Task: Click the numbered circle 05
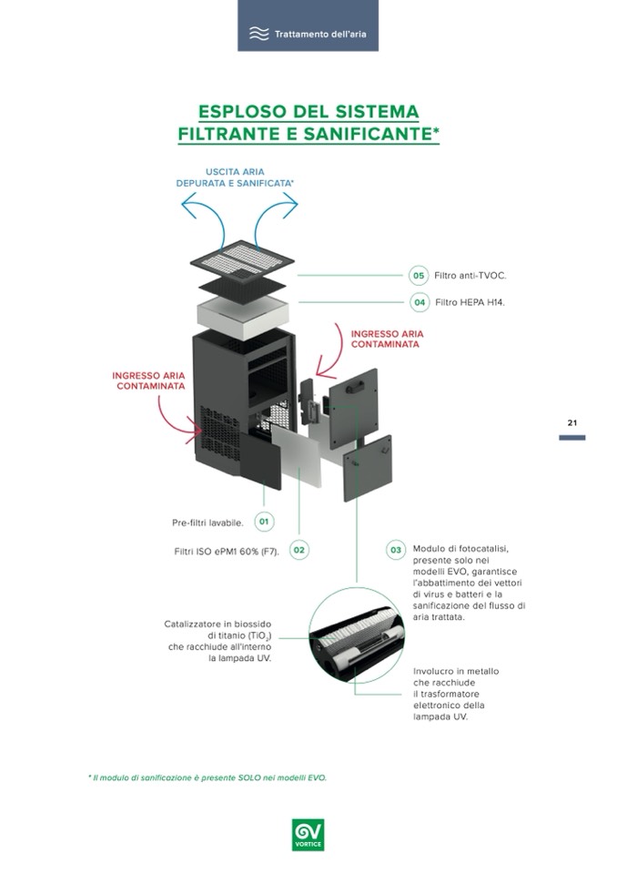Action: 419,275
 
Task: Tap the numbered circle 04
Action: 419,302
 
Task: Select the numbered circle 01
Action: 264,522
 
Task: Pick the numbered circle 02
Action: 298,550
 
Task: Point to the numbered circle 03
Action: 396,550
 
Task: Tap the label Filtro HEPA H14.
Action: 470,302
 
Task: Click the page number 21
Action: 572,422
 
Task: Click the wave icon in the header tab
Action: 259,34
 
